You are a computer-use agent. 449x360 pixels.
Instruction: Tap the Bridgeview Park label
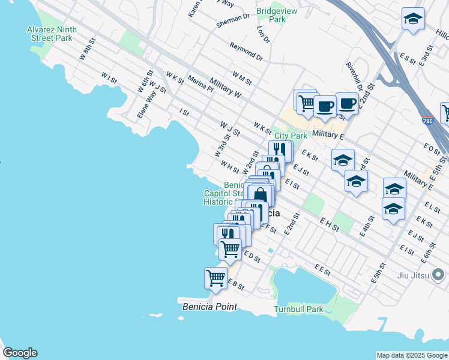pyautogui.click(x=270, y=15)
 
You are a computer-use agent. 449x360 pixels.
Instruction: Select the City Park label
pyautogui.click(x=291, y=136)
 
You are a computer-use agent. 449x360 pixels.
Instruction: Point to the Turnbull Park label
pyautogui.click(x=298, y=310)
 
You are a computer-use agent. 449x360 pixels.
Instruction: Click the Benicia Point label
pyautogui.click(x=209, y=307)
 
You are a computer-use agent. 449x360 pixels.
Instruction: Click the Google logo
pyautogui.click(x=20, y=353)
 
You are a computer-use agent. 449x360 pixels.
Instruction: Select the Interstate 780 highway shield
pyautogui.click(x=427, y=120)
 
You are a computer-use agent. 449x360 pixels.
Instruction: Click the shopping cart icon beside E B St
pyautogui.click(x=215, y=277)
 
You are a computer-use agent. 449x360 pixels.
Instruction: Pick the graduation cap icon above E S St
pyautogui.click(x=413, y=19)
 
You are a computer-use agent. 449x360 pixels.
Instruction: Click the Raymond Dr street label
pyautogui.click(x=246, y=52)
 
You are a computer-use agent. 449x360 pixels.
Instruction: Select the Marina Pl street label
pyautogui.click(x=200, y=84)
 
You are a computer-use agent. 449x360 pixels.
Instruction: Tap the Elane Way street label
pyautogui.click(x=143, y=103)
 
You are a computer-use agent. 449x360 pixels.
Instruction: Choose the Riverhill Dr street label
pyautogui.click(x=351, y=74)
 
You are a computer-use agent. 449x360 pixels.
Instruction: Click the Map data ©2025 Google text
pyautogui.click(x=412, y=355)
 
